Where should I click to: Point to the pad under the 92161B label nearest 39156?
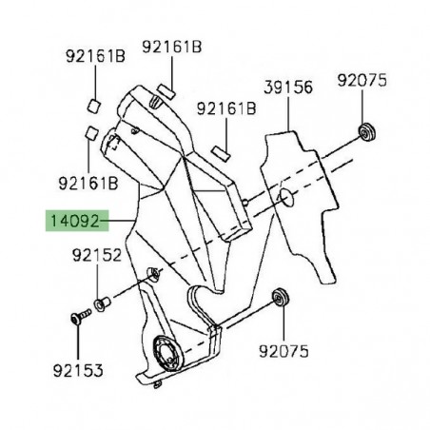click(x=222, y=148)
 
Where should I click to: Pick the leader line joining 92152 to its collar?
click(x=101, y=282)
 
